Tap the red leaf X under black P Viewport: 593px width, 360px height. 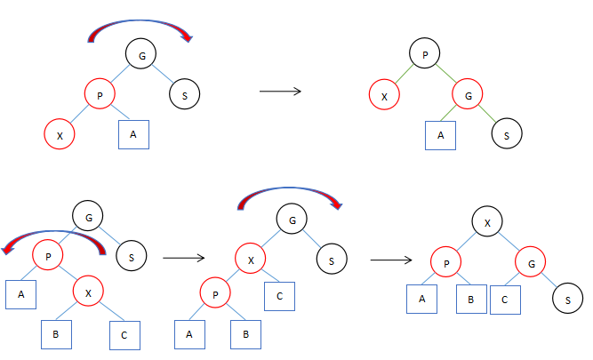pyautogui.click(x=383, y=95)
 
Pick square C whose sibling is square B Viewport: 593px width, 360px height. pyautogui.click(x=124, y=334)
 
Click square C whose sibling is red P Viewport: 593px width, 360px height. pyautogui.click(x=279, y=295)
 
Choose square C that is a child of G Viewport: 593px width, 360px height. pyautogui.click(x=504, y=299)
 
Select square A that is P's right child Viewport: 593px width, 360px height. pyautogui.click(x=133, y=133)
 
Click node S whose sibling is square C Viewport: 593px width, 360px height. pyautogui.click(x=567, y=300)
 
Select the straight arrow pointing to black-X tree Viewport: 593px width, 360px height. pyautogui.click(x=391, y=260)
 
